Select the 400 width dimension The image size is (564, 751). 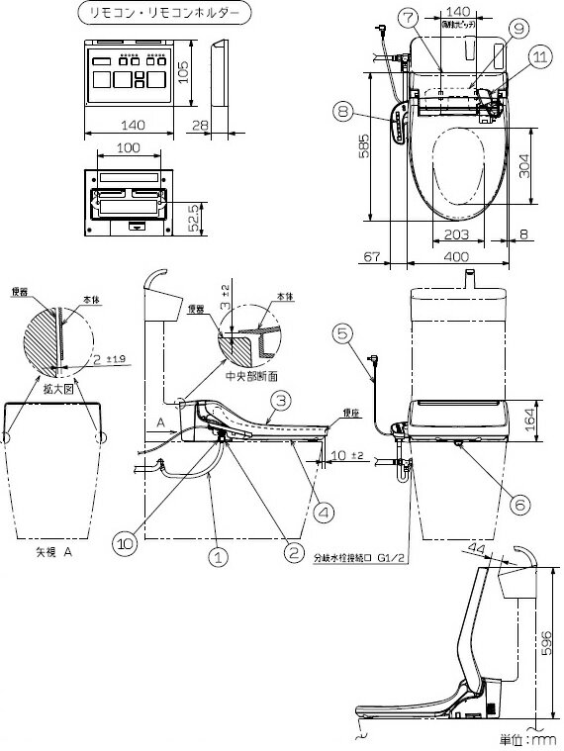click(456, 257)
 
